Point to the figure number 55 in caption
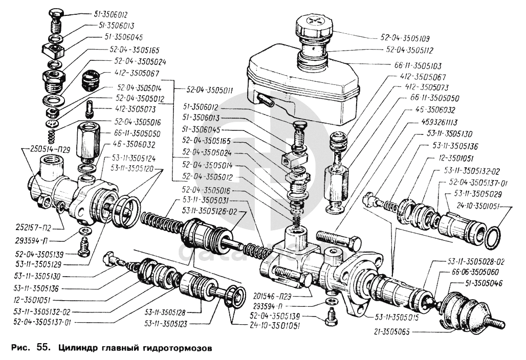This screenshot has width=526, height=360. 43,348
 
